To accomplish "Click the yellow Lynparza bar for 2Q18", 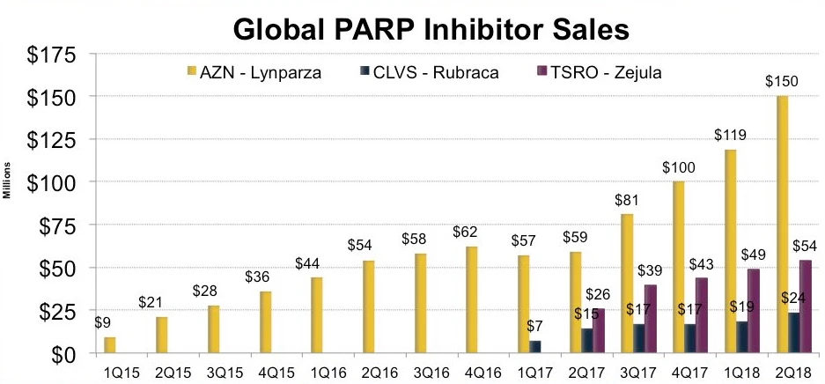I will tap(781, 224).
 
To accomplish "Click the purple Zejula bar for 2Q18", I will tap(806, 306).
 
